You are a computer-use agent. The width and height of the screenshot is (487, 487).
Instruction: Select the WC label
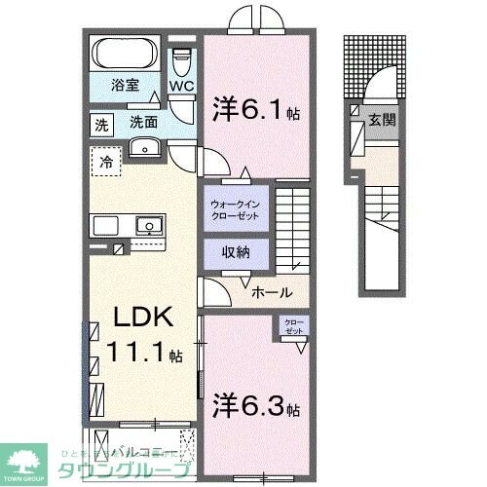tap(183, 86)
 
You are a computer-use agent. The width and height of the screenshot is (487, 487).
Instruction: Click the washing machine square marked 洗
tap(102, 124)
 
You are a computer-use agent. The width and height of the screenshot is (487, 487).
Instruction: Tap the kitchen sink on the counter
tap(148, 226)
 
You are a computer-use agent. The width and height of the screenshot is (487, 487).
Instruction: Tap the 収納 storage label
tap(235, 252)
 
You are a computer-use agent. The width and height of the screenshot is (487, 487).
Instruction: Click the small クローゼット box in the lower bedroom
tap(292, 326)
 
